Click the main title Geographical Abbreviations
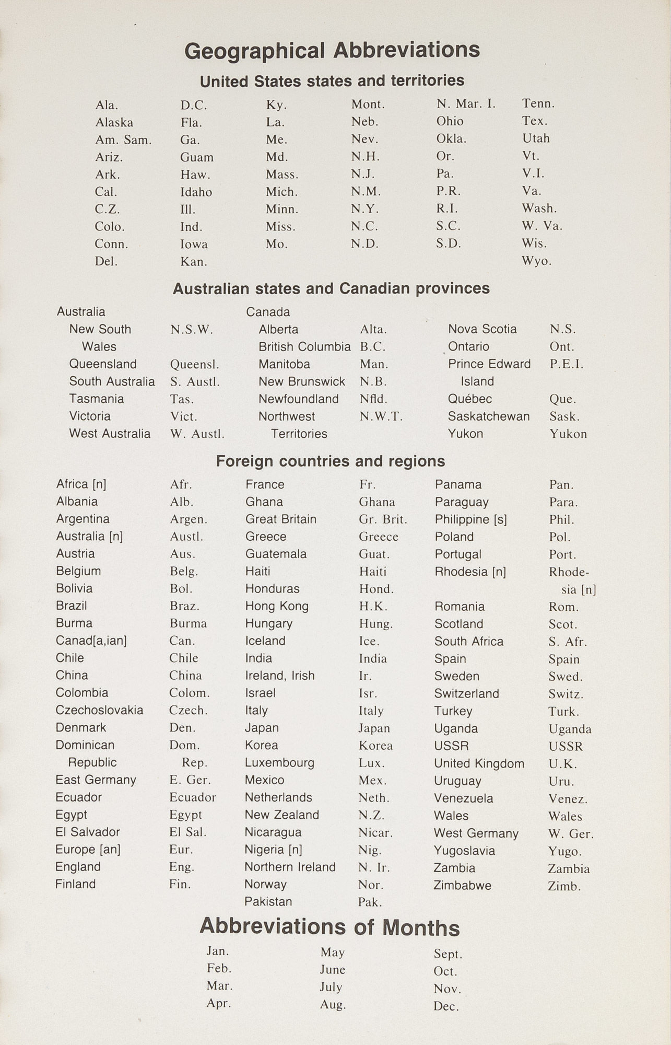[x=332, y=51]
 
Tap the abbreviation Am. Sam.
[x=123, y=140]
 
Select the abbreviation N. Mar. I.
[x=466, y=104]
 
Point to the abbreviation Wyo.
[x=536, y=261]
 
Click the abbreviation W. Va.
[x=542, y=226]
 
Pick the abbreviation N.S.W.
[x=192, y=330]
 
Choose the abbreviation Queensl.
[x=194, y=365]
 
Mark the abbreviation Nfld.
[x=373, y=399]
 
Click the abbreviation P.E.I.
[x=566, y=364]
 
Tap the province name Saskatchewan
[x=488, y=416]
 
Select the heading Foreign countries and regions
[x=331, y=461]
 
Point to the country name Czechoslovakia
[x=99, y=710]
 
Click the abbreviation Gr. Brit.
[x=383, y=520]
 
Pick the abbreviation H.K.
[x=373, y=607]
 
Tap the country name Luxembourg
[x=279, y=763]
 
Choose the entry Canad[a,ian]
[x=91, y=641]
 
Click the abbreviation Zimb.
[x=564, y=886]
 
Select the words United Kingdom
[x=479, y=763]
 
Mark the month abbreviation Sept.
[x=448, y=954]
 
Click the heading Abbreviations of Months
[x=329, y=927]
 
